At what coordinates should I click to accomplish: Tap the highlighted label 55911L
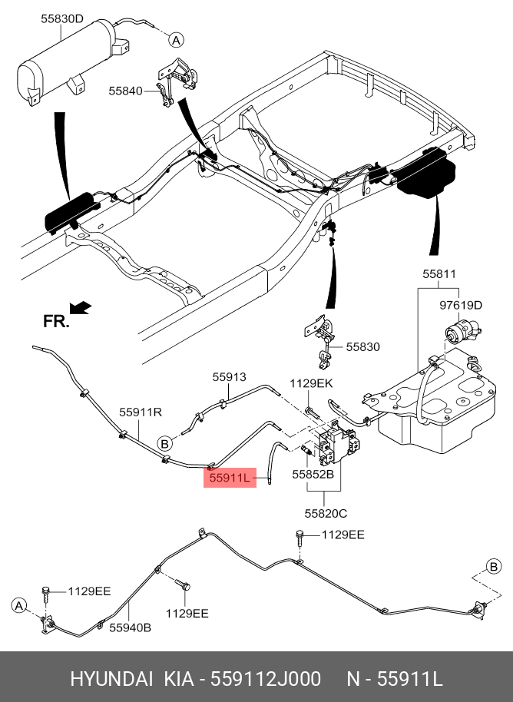229,478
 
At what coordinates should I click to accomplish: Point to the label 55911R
141,412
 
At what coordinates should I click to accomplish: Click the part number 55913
229,376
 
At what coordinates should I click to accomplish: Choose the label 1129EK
311,382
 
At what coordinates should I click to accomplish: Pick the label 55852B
313,475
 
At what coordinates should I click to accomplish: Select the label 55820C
326,512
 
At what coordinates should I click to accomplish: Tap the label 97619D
461,305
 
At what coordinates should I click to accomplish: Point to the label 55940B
129,627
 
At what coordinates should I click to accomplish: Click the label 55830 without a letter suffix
362,346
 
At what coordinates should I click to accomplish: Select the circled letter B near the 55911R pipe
164,443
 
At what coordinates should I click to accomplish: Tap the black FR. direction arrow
80,308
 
